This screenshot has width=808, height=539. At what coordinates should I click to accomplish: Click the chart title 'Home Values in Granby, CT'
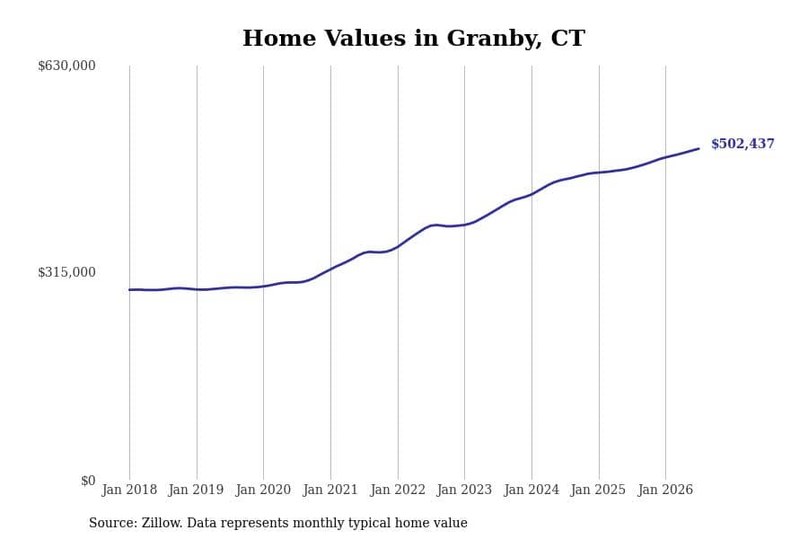tap(414, 38)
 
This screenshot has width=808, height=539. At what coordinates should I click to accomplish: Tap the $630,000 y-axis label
tap(66, 66)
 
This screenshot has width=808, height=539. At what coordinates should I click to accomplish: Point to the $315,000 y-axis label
tap(66, 272)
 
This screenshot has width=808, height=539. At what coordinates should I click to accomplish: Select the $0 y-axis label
tap(88, 481)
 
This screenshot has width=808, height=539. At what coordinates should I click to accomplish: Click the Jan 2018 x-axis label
tap(129, 490)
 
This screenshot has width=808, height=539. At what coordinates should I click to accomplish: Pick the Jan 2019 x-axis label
tap(197, 490)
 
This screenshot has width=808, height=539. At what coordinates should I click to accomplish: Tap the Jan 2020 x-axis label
tap(263, 490)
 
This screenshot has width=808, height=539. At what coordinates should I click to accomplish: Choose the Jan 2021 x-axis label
tap(330, 490)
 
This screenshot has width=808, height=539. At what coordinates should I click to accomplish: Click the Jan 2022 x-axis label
tap(398, 490)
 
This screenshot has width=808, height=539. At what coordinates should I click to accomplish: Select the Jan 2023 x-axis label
tap(464, 490)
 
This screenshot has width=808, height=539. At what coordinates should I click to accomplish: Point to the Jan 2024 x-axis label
tap(531, 490)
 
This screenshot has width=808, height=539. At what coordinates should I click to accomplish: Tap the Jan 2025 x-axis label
tap(598, 490)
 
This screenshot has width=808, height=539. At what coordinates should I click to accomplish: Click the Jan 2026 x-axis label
tap(665, 490)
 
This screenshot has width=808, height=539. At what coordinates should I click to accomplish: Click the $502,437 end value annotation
tap(742, 144)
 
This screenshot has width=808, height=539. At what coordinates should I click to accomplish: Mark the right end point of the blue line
tap(698, 148)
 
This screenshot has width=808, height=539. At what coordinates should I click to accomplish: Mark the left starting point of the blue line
tap(129, 290)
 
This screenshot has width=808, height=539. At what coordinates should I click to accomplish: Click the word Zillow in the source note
tap(162, 523)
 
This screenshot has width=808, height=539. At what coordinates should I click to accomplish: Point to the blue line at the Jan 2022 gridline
tap(398, 247)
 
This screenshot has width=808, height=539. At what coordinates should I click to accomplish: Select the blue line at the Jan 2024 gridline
tap(531, 194)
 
